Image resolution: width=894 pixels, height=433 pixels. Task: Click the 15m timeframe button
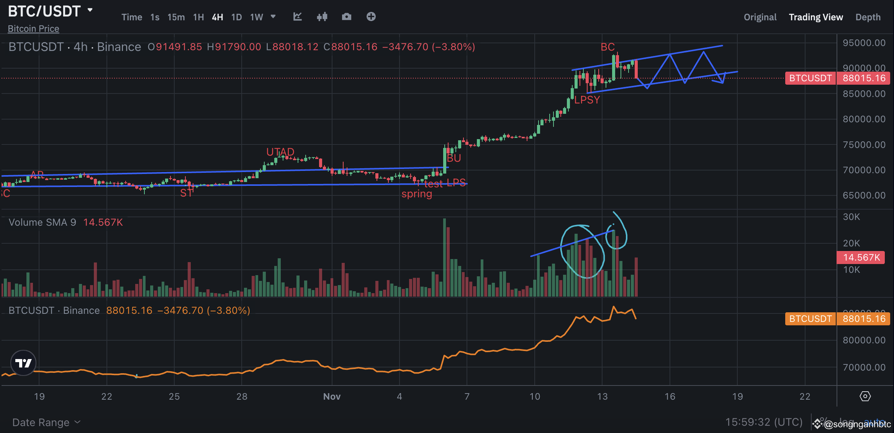click(176, 17)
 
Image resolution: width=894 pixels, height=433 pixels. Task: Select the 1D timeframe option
click(236, 17)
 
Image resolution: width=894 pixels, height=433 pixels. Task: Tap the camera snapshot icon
click(346, 17)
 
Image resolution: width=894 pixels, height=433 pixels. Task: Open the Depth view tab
click(868, 17)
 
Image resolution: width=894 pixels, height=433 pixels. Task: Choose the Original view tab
click(760, 17)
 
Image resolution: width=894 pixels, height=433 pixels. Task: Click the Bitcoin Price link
click(33, 29)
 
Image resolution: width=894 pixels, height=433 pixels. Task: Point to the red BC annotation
click(607, 47)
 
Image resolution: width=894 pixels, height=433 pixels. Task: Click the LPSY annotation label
click(587, 100)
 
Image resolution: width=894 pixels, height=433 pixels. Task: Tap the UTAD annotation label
click(280, 152)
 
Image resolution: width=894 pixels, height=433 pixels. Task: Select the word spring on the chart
click(416, 194)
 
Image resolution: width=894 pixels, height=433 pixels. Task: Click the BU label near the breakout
click(454, 158)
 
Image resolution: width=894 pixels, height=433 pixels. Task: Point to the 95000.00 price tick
click(864, 43)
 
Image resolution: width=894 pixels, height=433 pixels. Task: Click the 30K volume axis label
click(851, 217)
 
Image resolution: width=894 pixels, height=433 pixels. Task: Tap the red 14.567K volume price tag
click(861, 258)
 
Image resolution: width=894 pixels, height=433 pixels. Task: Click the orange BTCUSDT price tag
click(810, 319)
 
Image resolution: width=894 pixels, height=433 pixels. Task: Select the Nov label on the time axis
click(332, 397)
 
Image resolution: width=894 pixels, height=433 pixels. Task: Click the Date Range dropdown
click(46, 422)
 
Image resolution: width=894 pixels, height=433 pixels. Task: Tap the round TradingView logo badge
click(23, 362)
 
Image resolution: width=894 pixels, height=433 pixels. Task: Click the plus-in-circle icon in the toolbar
click(371, 17)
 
